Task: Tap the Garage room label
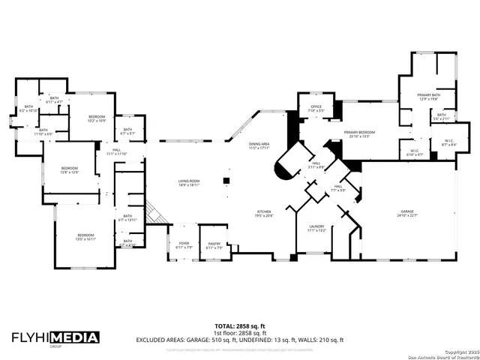[407, 214]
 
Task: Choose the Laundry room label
[316, 228]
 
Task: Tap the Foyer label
[184, 244]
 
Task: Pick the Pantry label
[214, 244]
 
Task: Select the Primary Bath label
[429, 96]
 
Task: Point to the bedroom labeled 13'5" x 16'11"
[85, 237]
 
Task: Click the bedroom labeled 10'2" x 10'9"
[97, 118]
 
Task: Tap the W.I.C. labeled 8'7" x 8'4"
[449, 142]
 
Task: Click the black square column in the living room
[225, 181]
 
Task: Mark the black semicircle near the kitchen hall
[281, 174]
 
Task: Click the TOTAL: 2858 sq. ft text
[239, 326]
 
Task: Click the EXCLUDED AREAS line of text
[239, 340]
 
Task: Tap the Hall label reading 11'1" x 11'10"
[117, 151]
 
